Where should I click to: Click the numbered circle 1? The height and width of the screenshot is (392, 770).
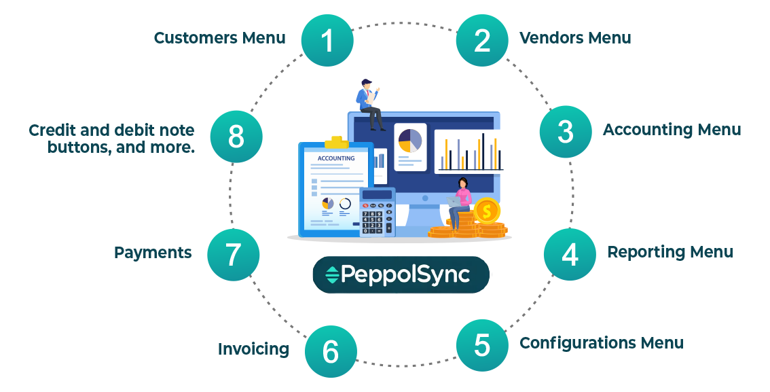click(x=327, y=41)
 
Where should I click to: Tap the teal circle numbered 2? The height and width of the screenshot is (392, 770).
click(x=482, y=41)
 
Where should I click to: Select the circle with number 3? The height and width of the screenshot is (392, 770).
click(x=566, y=132)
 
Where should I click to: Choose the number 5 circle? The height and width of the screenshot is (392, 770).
click(x=482, y=345)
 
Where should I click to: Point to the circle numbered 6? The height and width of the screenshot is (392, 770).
click(x=330, y=351)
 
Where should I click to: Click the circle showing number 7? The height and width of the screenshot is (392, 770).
click(x=233, y=255)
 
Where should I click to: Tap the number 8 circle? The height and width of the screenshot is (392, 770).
click(x=236, y=137)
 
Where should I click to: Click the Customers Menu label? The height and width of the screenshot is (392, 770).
click(x=219, y=37)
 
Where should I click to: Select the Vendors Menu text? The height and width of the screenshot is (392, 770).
click(x=575, y=37)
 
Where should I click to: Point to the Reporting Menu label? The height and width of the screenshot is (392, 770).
click(x=670, y=252)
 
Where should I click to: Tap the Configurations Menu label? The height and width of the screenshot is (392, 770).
click(x=601, y=343)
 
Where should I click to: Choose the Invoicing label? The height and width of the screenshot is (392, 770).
click(x=253, y=349)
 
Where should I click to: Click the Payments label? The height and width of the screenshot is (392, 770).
click(x=153, y=253)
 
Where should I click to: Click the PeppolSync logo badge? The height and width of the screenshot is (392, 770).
click(x=401, y=274)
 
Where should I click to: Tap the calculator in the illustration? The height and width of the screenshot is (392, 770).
click(x=377, y=213)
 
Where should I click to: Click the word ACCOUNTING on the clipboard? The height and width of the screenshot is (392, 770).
click(x=336, y=158)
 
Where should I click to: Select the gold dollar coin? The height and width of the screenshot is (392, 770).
click(x=486, y=210)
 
